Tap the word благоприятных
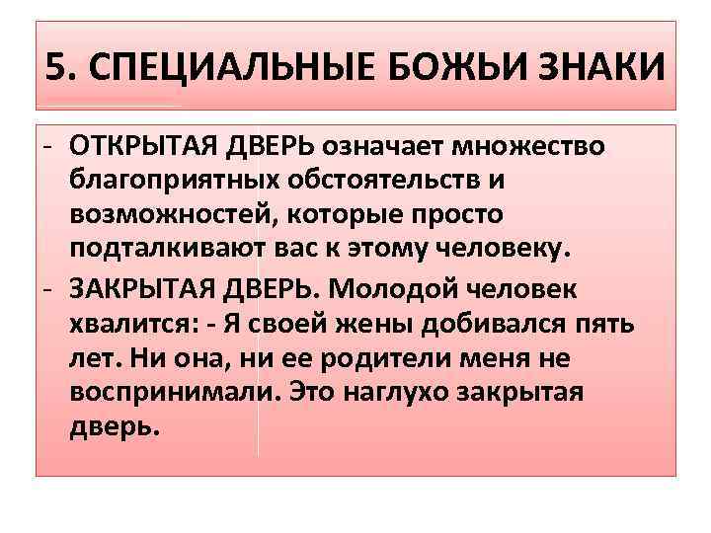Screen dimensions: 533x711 coord(188,182)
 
